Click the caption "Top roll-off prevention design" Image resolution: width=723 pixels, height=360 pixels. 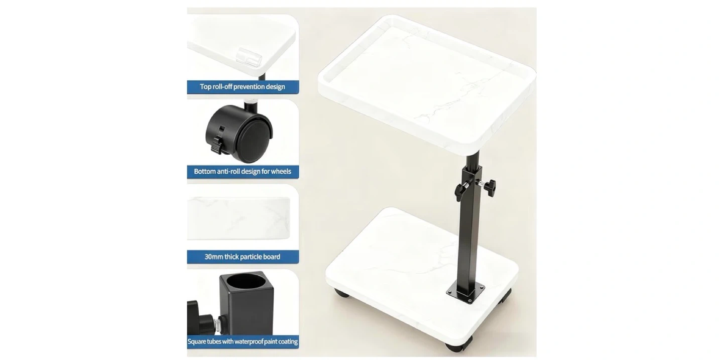point(243,87)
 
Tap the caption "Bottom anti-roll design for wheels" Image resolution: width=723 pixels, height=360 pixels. point(243,171)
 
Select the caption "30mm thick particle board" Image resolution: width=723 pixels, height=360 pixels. point(243,257)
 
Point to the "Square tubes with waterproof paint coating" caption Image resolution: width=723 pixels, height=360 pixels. point(243,341)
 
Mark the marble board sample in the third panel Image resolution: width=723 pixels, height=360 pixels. point(238,218)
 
